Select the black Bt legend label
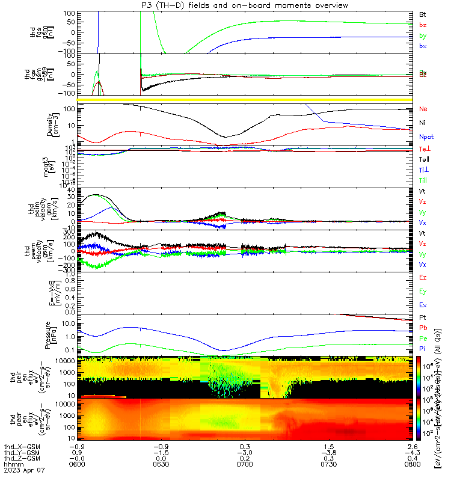tap(423, 13)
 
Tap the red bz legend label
tap(423, 25)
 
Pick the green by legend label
tap(423, 35)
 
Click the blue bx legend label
tap(423, 46)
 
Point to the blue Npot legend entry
tap(425, 136)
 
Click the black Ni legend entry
tap(422, 123)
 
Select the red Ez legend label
tap(423, 277)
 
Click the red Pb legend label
tap(423, 327)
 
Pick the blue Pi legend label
tap(423, 349)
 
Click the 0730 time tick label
tap(328, 465)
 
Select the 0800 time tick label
tap(413, 465)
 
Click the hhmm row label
tap(13, 465)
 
